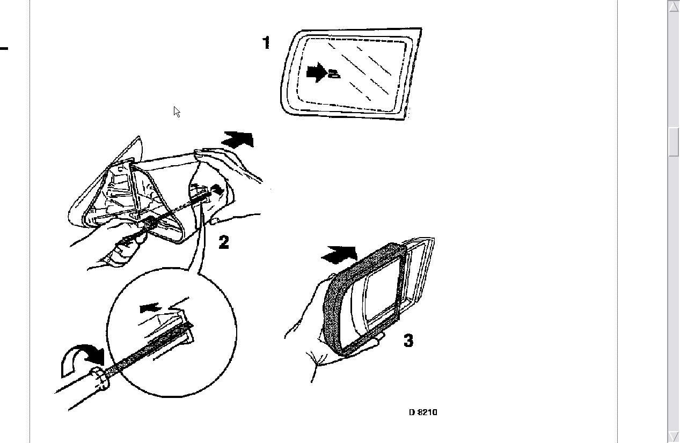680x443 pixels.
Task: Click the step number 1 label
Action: coord(266,43)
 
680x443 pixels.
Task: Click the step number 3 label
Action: coord(408,341)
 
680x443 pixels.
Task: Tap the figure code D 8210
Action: coord(423,412)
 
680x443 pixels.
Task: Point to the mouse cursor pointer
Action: coord(177,112)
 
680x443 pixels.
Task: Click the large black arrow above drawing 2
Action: coord(238,139)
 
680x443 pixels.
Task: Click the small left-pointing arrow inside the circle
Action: coord(150,308)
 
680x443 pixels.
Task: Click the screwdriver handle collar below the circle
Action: coord(100,378)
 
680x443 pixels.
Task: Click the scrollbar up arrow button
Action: coord(674,6)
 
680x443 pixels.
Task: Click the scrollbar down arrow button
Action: coord(674,437)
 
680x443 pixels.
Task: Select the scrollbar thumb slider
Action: coord(674,142)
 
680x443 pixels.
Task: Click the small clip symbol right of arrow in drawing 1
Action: coord(334,73)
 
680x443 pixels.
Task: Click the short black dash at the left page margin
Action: coord(4,48)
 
